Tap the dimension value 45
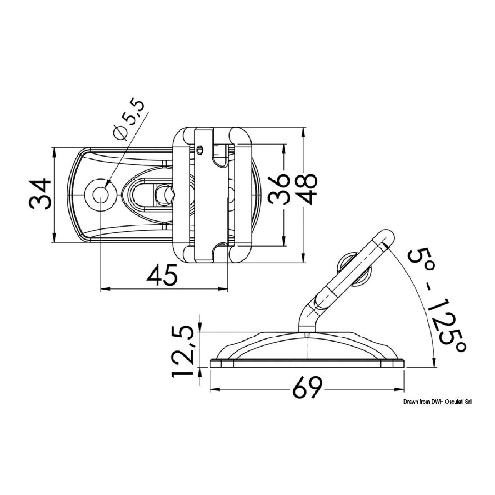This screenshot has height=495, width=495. click(x=162, y=276)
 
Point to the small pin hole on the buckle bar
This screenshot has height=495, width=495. click(x=200, y=150)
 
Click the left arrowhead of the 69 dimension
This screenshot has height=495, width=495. click(x=215, y=390)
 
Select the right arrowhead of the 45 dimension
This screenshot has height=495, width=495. click(x=223, y=289)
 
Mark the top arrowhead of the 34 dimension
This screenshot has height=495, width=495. click(x=54, y=153)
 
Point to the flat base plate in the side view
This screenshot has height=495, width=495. click(x=307, y=364)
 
